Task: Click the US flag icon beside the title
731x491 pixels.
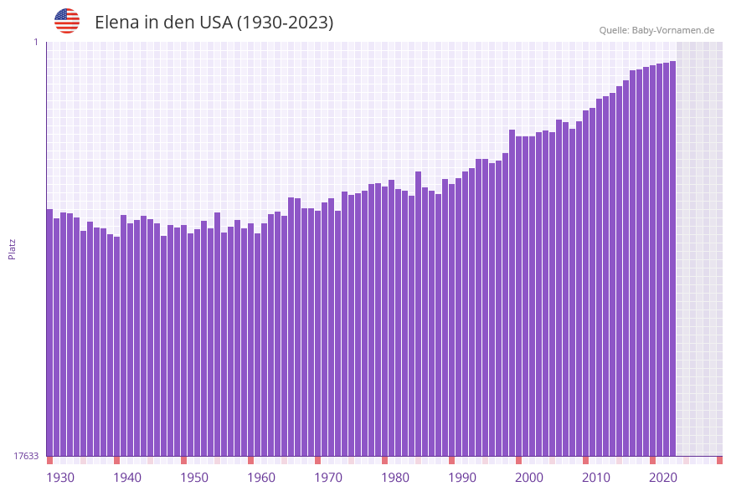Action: coord(67,21)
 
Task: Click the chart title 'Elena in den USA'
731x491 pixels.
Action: coord(214,23)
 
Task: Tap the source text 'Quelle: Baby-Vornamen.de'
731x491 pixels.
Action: coord(656,30)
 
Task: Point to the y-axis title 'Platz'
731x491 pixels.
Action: coord(13,248)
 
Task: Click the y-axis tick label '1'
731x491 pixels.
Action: coord(36,42)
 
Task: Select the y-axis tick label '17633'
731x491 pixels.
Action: coord(27,456)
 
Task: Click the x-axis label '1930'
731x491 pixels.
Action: coord(60,478)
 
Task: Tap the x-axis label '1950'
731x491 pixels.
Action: coord(194,478)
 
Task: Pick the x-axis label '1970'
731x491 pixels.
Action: coord(328,478)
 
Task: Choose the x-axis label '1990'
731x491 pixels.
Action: coord(462,478)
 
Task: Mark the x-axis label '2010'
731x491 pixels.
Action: coord(596,478)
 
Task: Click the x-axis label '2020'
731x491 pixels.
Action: coord(663,478)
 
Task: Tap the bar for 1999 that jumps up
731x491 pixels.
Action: coord(512,293)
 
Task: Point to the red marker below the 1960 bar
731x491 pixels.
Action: coord(250,460)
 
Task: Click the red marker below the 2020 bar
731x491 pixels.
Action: coord(652,460)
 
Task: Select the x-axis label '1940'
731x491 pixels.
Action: coord(127,478)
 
